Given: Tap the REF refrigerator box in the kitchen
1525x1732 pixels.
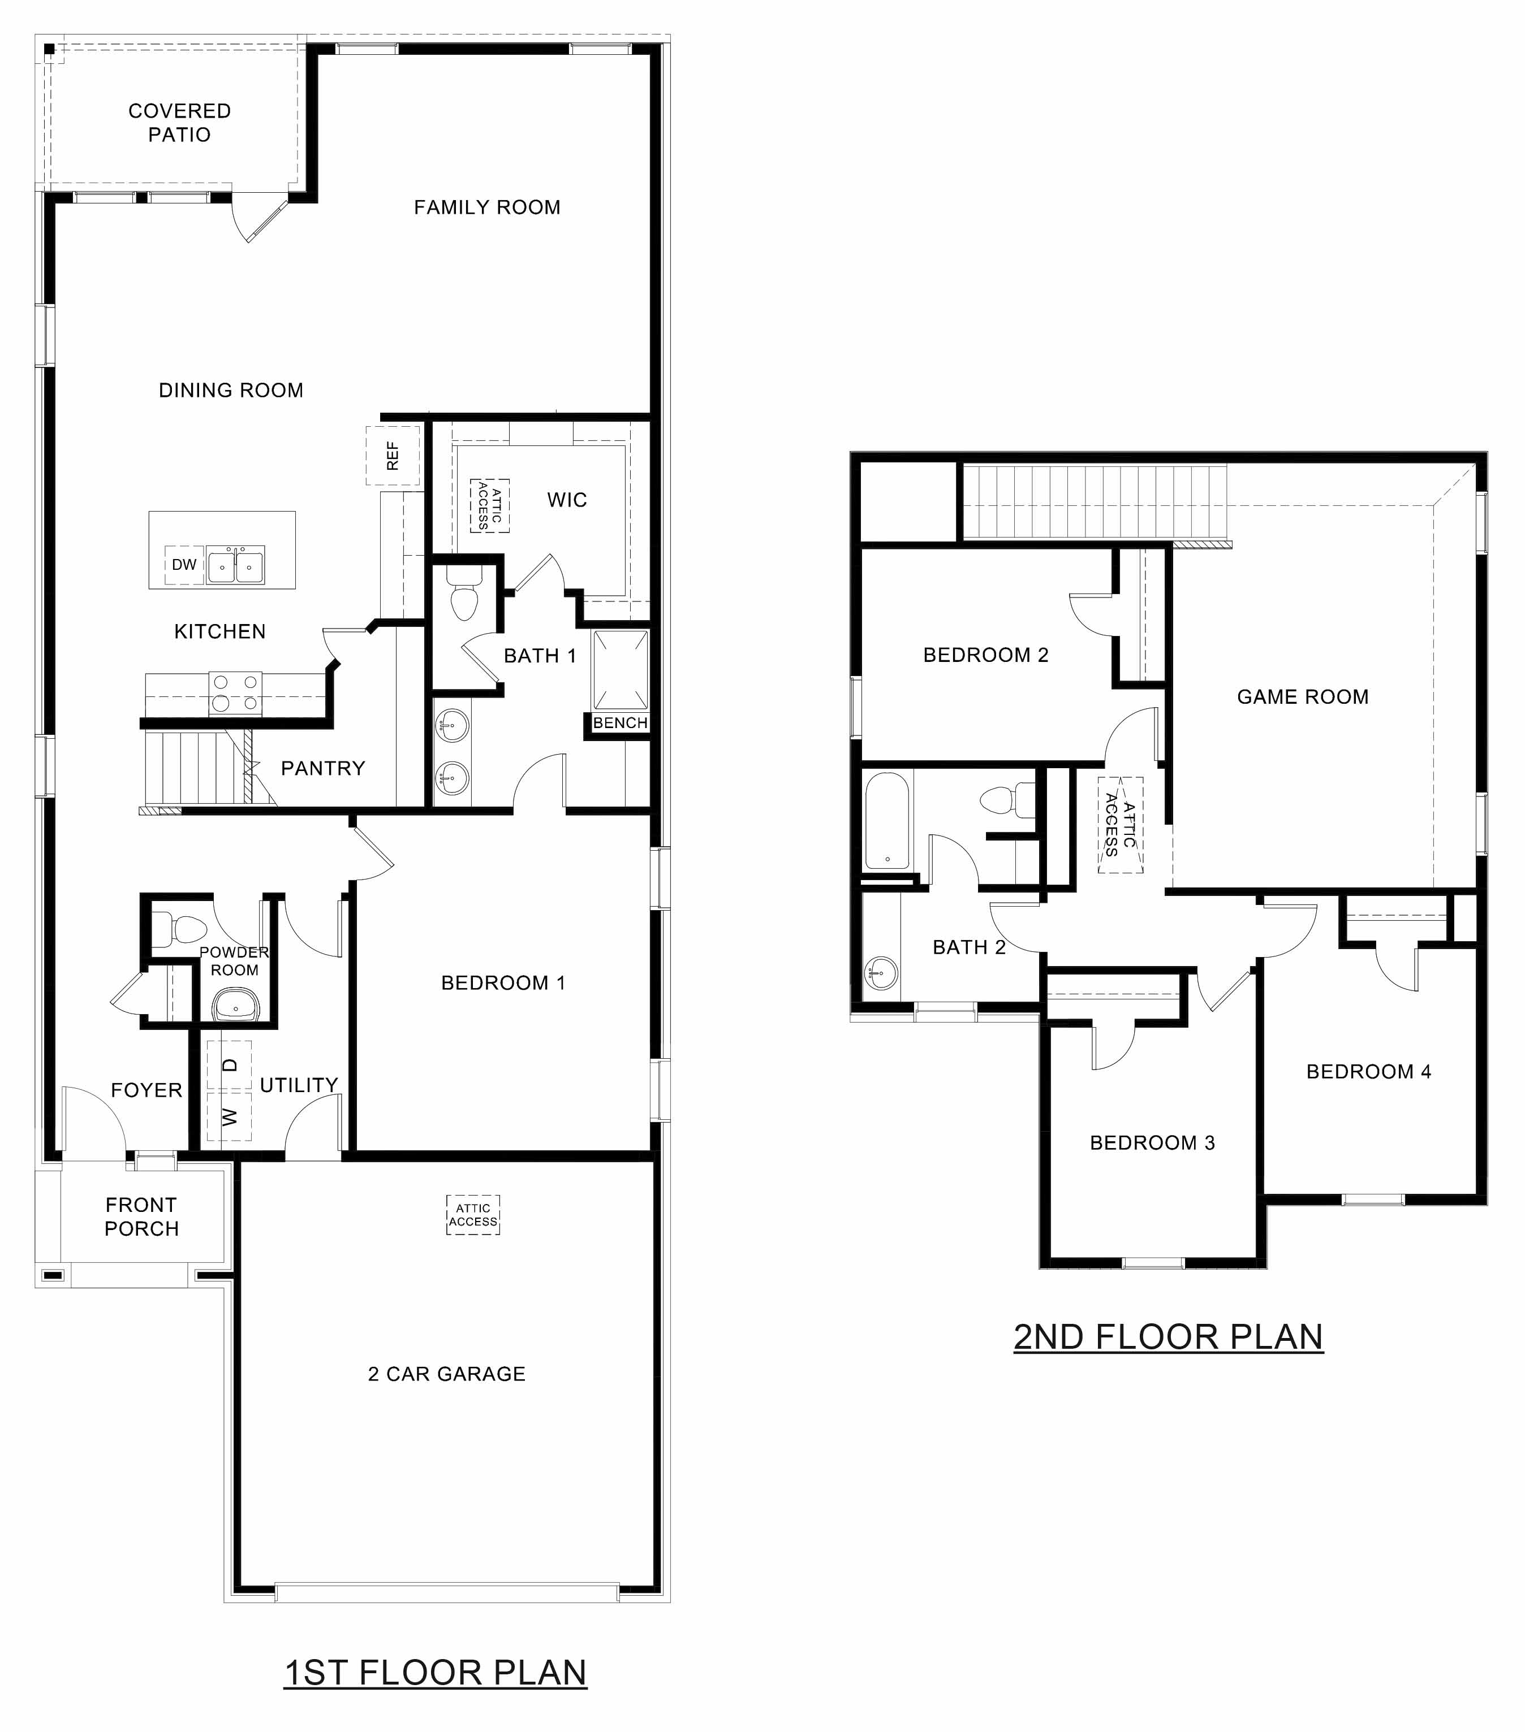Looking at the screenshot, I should click(393, 455).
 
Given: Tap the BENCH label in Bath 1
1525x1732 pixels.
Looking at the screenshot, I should click(619, 723).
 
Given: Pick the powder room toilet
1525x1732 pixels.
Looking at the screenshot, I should click(180, 929).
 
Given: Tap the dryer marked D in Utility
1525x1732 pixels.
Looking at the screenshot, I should click(230, 1065).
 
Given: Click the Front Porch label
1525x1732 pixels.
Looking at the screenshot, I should click(141, 1217).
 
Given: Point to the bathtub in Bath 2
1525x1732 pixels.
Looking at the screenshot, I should click(887, 821).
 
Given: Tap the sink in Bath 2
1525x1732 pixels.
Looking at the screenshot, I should click(882, 973).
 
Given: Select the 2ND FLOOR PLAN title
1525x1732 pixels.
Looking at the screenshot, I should click(1168, 1337).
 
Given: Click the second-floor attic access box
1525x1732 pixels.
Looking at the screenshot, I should click(1120, 825).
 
